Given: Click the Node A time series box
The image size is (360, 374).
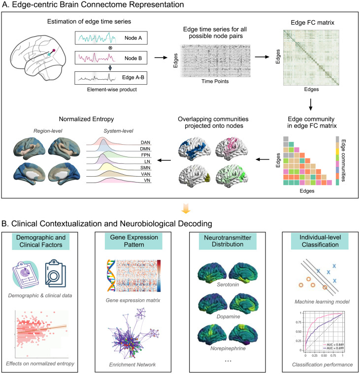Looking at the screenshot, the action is coord(111,38).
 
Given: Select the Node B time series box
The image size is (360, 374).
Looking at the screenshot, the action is coord(111,58).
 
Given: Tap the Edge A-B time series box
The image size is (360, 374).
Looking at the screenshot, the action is coord(111,78).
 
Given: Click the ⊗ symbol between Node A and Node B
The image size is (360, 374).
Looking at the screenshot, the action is coord(110,48).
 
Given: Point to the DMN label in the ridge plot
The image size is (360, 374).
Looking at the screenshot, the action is coord(145,149).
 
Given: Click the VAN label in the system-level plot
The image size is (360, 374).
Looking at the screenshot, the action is coord(145,174).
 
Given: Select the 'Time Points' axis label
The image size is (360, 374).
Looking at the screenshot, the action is coord(215,81).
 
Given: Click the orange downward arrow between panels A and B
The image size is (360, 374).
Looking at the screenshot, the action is coord(186,208).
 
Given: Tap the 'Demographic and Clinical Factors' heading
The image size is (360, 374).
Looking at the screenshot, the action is coord(41,241).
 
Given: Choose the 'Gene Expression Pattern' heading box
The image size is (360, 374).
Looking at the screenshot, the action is coord(133,241).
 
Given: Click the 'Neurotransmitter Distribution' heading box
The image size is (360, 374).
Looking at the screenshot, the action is coord(228,241).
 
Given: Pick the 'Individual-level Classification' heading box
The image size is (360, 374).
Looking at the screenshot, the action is coord(320,241).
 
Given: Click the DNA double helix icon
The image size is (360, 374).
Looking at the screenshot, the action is coord(111,276).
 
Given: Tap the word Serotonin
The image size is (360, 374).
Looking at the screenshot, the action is coord(228,284).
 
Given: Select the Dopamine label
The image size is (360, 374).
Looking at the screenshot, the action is coord(228,316).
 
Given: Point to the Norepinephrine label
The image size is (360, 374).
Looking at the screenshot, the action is coord(228,348).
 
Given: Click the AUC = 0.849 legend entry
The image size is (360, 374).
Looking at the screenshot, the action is coord(333,344).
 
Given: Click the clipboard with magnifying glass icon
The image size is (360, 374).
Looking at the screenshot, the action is coord(55,273).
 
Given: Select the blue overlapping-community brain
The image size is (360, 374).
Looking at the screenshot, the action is coord(194,148).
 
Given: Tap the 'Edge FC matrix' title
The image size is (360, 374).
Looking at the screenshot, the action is coord(313,23).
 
